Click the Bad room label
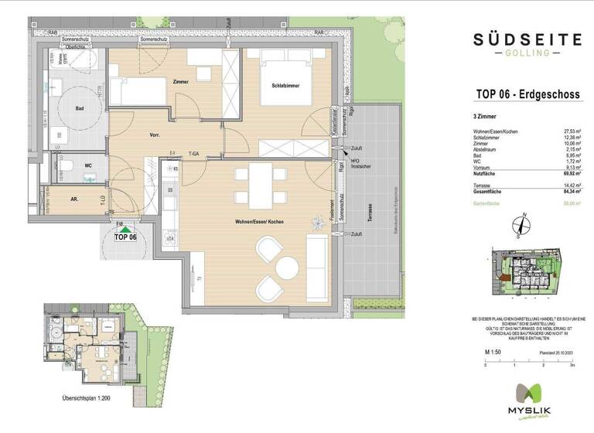[x=79, y=109]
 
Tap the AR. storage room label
[x=74, y=199]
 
